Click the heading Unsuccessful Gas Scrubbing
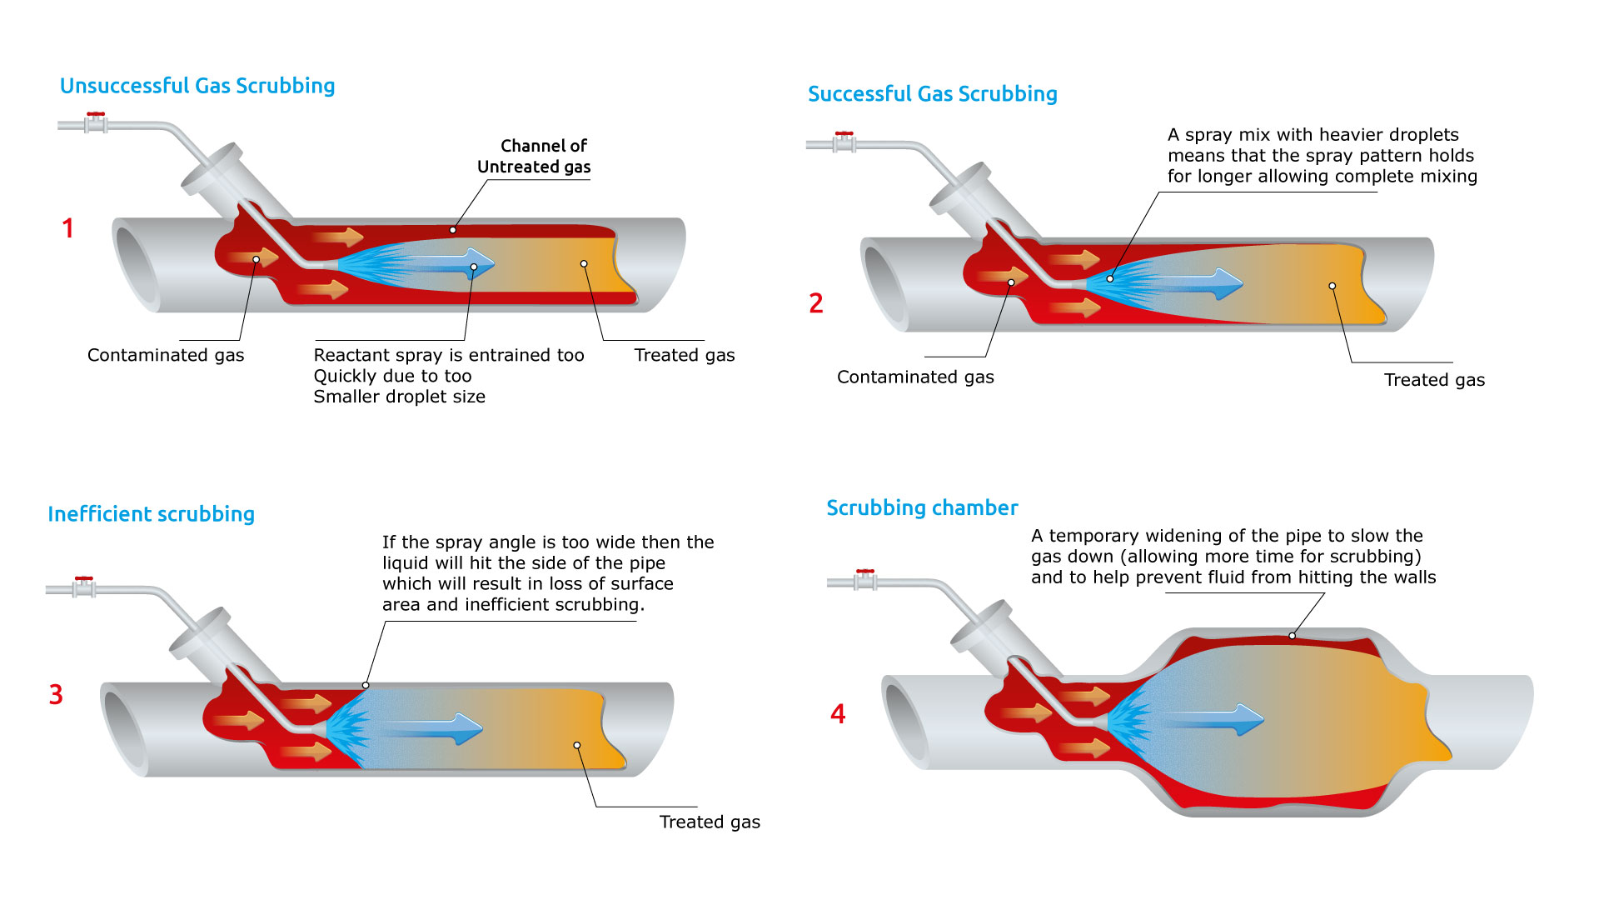click(197, 86)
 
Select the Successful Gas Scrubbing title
click(932, 94)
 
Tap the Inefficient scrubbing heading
click(151, 514)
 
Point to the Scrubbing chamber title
click(922, 507)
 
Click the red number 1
click(68, 228)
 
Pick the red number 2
click(816, 303)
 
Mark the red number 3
click(56, 695)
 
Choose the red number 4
click(838, 714)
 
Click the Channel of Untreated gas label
click(534, 156)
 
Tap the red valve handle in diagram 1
click(96, 114)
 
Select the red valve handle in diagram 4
click(865, 572)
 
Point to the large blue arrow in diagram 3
click(441, 729)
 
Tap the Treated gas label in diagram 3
click(710, 822)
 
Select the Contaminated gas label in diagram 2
click(915, 377)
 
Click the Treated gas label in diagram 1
click(685, 356)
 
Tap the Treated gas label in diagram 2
click(1434, 381)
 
